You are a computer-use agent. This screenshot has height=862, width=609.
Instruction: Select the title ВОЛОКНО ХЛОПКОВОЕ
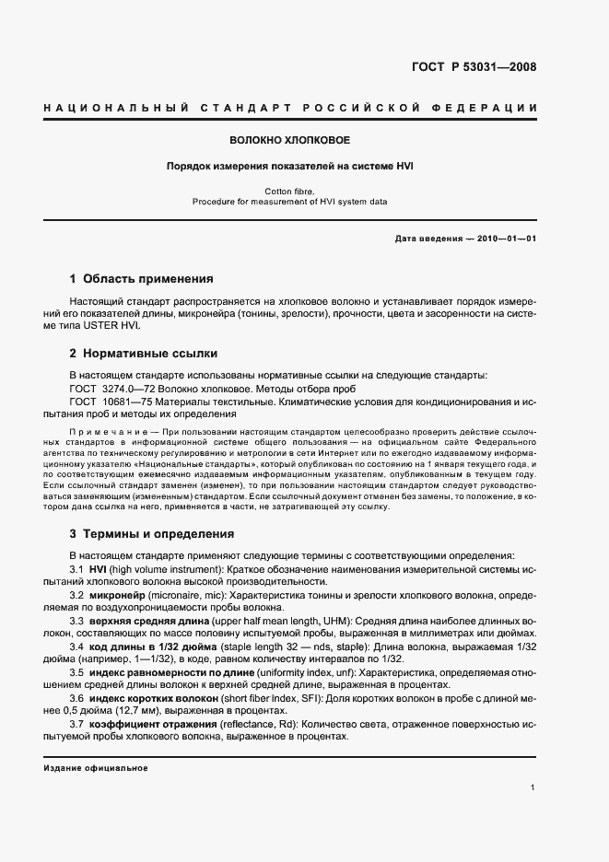[290, 141]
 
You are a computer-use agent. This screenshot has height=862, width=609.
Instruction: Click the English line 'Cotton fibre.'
[290, 191]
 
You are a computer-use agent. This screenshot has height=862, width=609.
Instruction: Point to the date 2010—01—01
[506, 238]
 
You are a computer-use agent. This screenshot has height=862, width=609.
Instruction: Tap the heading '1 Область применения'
[142, 278]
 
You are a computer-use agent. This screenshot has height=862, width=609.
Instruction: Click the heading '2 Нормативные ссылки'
[145, 353]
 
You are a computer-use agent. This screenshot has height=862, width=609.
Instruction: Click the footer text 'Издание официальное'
[95, 766]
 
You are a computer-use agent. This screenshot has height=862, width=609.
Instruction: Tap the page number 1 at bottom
[533, 787]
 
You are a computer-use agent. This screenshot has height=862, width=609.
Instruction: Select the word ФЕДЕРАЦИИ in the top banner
[498, 108]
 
